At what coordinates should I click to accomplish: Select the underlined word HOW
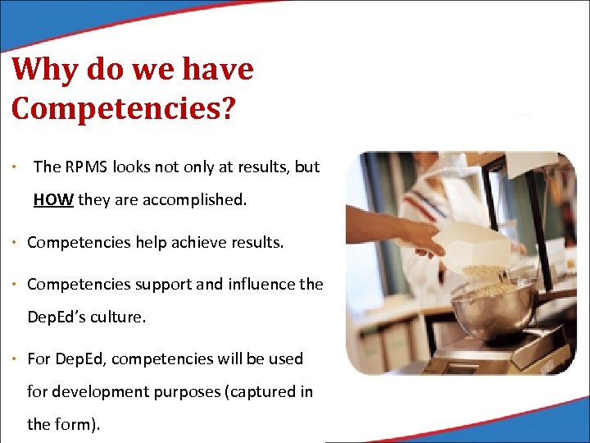pos(53,199)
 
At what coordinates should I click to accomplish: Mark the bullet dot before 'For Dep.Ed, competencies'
pos(17,359)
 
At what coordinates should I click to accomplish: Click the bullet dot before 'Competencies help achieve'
pos(17,242)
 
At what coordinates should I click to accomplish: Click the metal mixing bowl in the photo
pos(483,309)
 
